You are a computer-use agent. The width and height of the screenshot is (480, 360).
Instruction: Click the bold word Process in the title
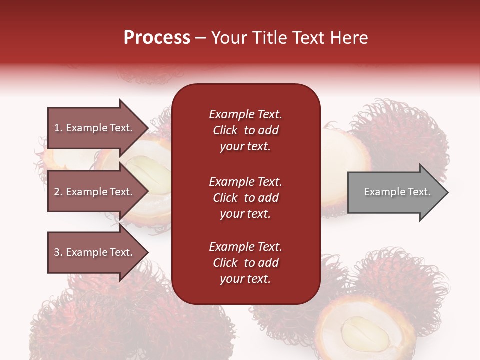point(157,37)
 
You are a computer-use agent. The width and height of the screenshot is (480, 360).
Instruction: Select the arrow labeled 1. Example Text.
point(95,128)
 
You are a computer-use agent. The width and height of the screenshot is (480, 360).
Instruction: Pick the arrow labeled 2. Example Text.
point(95,192)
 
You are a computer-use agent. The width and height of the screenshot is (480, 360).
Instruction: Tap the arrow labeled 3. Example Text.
point(95,252)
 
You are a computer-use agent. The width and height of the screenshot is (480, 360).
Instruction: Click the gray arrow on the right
point(395,192)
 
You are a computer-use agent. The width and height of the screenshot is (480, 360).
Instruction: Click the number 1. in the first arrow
point(58,128)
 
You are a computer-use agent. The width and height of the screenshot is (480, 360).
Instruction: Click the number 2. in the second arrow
point(58,192)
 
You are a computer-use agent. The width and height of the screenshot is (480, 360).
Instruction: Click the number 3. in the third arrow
point(58,252)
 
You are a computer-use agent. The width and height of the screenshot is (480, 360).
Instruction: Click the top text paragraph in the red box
point(245,130)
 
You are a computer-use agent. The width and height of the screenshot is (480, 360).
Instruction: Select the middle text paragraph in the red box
point(245,197)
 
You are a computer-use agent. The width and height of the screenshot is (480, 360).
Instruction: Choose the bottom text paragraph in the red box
point(245,263)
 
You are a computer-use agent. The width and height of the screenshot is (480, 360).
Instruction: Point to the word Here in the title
point(351,37)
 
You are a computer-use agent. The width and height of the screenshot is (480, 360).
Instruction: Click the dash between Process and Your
point(201,38)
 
